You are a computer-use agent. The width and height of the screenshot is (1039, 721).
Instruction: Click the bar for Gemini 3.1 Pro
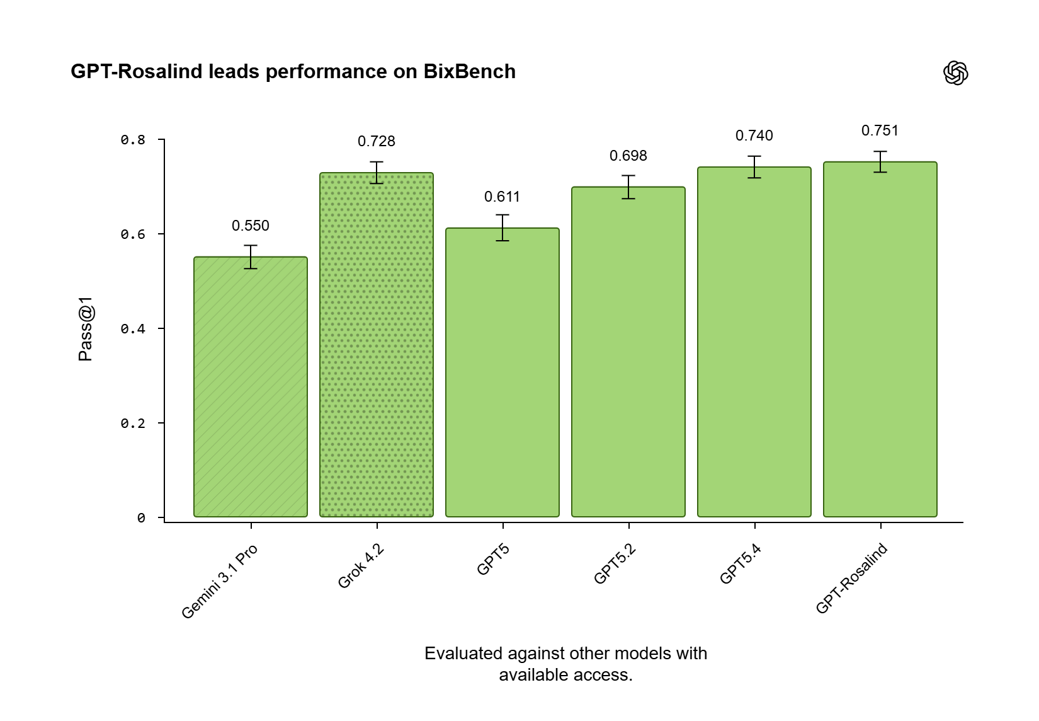pyautogui.click(x=251, y=387)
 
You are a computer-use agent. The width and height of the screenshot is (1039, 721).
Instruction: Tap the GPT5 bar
pyautogui.click(x=502, y=372)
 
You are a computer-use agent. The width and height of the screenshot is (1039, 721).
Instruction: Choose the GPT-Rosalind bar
pyautogui.click(x=880, y=340)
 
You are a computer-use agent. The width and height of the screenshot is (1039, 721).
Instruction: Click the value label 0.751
pyautogui.click(x=880, y=130)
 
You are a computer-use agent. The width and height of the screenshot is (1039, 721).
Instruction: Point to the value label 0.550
pyautogui.click(x=251, y=226)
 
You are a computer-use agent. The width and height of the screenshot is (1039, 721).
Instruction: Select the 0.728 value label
pyautogui.click(x=377, y=141)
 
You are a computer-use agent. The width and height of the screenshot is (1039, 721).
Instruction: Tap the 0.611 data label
pyautogui.click(x=502, y=197)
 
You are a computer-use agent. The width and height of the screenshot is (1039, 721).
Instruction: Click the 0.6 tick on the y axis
pyautogui.click(x=133, y=234)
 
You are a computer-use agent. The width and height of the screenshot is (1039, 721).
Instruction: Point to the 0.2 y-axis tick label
pyautogui.click(x=133, y=424)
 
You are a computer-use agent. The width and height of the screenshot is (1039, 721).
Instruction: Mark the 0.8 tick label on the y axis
pyautogui.click(x=133, y=140)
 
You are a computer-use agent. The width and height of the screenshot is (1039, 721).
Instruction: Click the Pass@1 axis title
pyautogui.click(x=85, y=328)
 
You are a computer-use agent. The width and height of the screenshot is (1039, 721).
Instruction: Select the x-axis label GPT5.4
pyautogui.click(x=741, y=564)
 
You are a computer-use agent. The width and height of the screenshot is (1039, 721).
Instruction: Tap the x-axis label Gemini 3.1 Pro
pyautogui.click(x=219, y=581)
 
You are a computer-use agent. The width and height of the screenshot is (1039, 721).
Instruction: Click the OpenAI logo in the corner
pyautogui.click(x=955, y=72)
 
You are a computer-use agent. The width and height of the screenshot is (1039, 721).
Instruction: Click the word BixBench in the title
pyautogui.click(x=469, y=72)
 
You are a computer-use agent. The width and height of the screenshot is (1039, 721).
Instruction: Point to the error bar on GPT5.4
pyautogui.click(x=754, y=167)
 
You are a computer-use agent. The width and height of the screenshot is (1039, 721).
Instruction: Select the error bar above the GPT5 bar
pyautogui.click(x=502, y=228)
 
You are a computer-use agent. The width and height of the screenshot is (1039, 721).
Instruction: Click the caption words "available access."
pyautogui.click(x=565, y=675)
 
